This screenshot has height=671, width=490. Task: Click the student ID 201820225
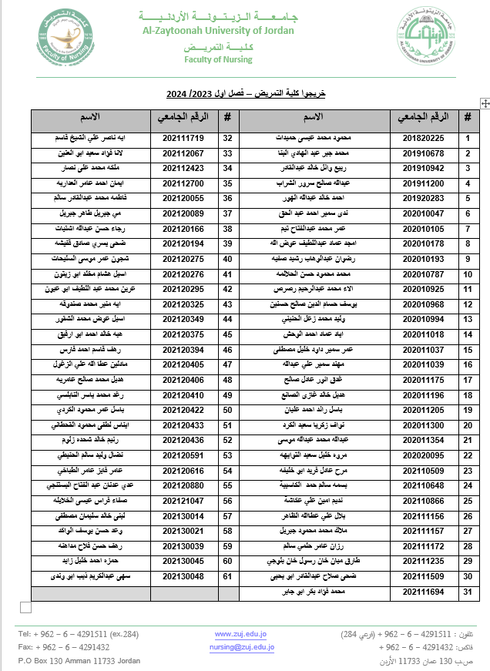click(x=423, y=138)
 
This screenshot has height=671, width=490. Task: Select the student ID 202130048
click(x=183, y=575)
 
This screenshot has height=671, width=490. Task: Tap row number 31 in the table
click(x=467, y=591)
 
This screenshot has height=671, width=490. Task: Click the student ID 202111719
click(x=183, y=138)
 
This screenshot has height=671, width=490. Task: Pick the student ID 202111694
click(x=423, y=591)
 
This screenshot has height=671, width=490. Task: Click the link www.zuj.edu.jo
click(x=240, y=634)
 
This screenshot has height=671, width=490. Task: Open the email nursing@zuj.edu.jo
click(x=241, y=648)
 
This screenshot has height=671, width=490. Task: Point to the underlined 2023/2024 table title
click(x=247, y=93)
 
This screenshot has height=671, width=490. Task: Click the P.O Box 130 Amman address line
click(x=80, y=662)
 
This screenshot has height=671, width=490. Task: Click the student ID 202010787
click(x=423, y=273)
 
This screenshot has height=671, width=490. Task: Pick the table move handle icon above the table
click(x=485, y=102)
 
